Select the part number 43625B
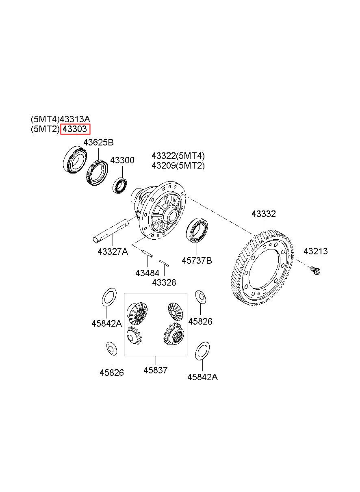tap(98, 143)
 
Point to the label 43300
tap(122, 160)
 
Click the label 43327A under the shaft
tap(113, 251)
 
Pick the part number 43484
tap(147, 273)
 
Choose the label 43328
tap(164, 282)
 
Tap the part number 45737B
tap(197, 260)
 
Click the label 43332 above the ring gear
tap(263, 214)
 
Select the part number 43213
tap(315, 251)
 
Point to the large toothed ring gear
tap(260, 268)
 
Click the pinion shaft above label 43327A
tap(112, 230)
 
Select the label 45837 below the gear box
tap(155, 370)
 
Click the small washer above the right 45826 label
tap(200, 297)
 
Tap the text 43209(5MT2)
tap(178, 166)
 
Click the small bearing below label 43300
tap(120, 186)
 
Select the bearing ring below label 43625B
tap(97, 173)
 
